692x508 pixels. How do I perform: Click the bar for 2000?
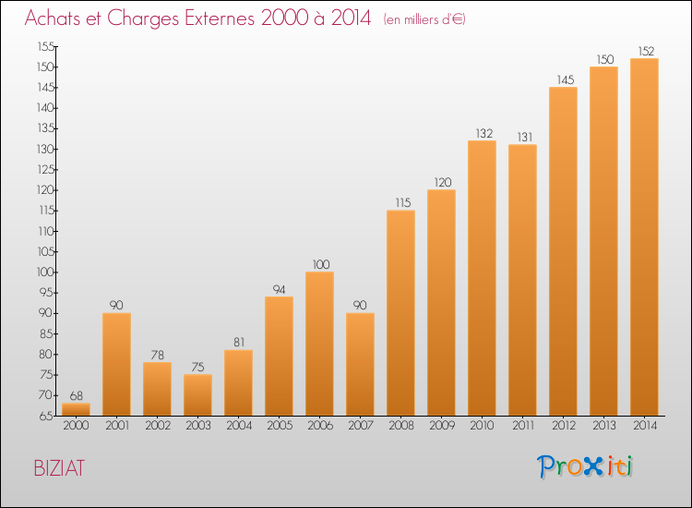click(x=76, y=409)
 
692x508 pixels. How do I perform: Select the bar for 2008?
click(x=400, y=313)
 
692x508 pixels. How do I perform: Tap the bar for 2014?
click(x=644, y=237)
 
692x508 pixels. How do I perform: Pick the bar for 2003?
click(x=197, y=394)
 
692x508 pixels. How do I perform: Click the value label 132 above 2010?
click(x=483, y=133)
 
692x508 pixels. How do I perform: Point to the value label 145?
click(x=563, y=79)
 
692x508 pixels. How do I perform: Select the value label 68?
click(x=76, y=394)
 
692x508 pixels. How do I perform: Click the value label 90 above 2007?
click(x=360, y=305)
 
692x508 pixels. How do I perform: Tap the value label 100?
click(x=319, y=264)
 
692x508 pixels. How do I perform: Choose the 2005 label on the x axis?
click(x=279, y=427)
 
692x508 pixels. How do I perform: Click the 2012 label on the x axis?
click(x=563, y=427)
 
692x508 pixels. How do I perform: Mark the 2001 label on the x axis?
click(x=116, y=427)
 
